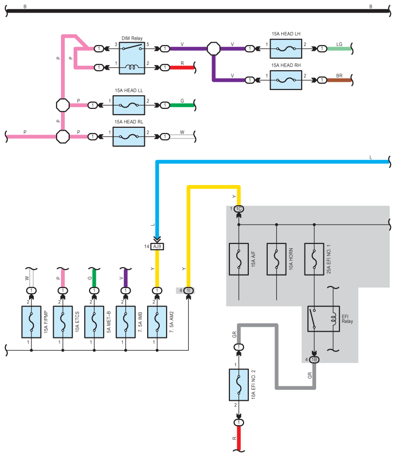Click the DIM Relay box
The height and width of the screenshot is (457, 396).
point(132,58)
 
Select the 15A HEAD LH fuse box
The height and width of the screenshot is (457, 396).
point(286,49)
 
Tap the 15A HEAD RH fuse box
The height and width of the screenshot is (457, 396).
point(286,80)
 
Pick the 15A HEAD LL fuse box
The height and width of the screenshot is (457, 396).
point(129,105)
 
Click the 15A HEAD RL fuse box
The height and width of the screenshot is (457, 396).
point(129,137)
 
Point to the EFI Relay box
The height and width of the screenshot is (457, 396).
point(323,319)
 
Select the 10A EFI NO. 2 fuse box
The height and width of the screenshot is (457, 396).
point(239,385)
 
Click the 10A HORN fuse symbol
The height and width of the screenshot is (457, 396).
point(276,259)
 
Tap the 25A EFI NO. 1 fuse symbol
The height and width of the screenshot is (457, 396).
point(314,259)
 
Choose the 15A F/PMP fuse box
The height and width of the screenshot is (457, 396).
point(31,322)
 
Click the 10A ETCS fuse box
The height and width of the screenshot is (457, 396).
point(62,322)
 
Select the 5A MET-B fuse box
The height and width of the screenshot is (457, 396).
point(94,322)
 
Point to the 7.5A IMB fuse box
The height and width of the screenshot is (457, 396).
point(125,322)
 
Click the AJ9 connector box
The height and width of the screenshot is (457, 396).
point(157,246)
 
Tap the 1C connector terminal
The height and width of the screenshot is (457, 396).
point(239,209)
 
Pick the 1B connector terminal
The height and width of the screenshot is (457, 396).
point(314,360)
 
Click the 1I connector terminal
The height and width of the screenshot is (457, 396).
point(188,290)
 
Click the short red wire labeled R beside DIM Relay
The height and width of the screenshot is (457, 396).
point(182,68)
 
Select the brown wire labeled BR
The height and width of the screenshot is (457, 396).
point(339,80)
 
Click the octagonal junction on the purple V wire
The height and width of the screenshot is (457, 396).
point(213,49)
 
